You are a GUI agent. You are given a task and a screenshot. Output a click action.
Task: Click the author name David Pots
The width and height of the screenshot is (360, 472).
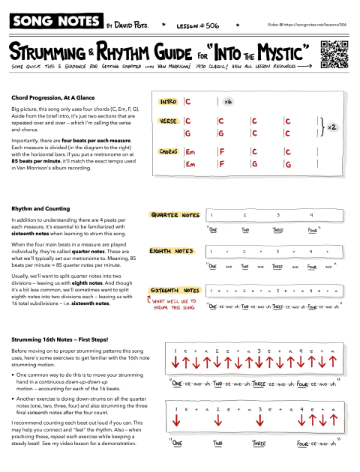click(132, 25)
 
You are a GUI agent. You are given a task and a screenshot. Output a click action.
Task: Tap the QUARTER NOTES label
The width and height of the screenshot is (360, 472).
click(175, 215)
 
